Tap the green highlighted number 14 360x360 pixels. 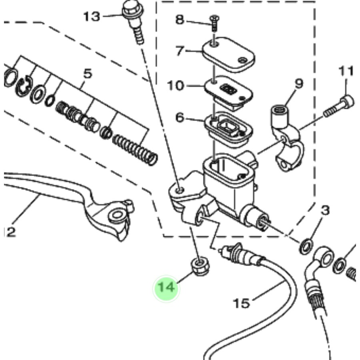(167, 288)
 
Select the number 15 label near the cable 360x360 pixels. (241, 303)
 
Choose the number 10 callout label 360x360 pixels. (176, 85)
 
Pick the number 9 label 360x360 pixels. (299, 84)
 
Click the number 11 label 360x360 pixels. (346, 71)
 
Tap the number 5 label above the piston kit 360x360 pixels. (88, 74)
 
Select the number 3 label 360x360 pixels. (325, 210)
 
